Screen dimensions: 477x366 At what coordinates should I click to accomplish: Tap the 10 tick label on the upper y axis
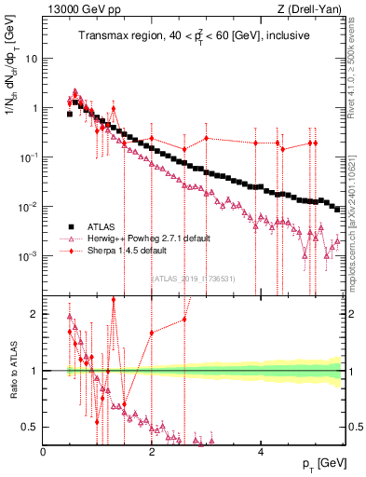pos(31,58)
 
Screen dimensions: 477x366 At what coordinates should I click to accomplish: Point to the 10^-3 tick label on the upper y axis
pos(28,255)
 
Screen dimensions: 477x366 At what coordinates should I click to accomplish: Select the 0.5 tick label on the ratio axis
pos(30,427)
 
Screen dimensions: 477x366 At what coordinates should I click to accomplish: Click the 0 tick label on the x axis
pos(43,450)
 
